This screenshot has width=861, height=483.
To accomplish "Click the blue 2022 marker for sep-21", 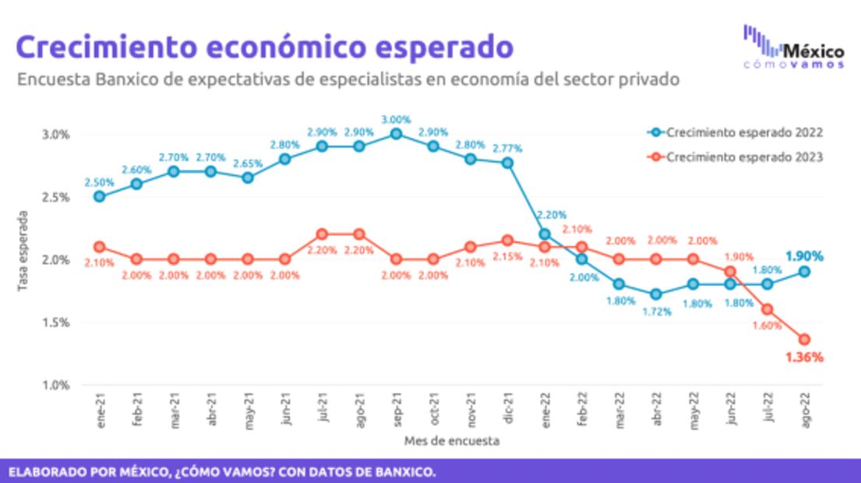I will tap(396, 134).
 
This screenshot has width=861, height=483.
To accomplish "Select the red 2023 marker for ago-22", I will tap(804, 339).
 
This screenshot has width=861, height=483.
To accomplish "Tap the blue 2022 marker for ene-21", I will tap(99, 196).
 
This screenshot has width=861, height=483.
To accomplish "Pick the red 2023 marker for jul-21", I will tap(322, 234).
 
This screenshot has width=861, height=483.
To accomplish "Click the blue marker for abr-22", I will tap(656, 294).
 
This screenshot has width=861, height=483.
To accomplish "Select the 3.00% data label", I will tap(396, 118).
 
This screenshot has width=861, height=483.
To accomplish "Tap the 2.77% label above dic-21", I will tap(507, 147).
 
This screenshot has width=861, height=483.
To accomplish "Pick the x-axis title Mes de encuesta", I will tap(452, 441).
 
